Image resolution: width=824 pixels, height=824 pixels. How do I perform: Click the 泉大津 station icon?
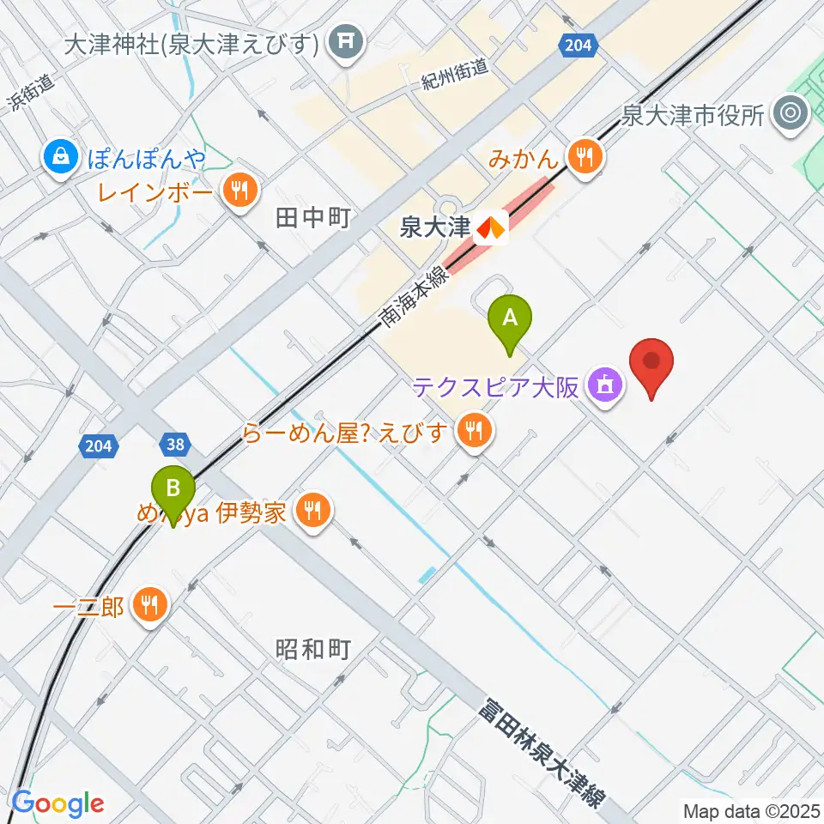491,228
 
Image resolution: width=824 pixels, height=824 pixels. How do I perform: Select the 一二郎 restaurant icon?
150,606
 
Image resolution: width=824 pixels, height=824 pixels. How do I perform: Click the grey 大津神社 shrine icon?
347,41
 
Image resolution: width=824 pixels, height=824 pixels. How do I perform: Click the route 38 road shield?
174,444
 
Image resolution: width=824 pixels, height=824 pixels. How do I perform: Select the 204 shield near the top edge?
578,45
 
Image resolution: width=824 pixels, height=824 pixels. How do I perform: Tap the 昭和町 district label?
313,649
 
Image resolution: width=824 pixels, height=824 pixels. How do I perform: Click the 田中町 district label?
313,219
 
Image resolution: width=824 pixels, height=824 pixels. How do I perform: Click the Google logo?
58,803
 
